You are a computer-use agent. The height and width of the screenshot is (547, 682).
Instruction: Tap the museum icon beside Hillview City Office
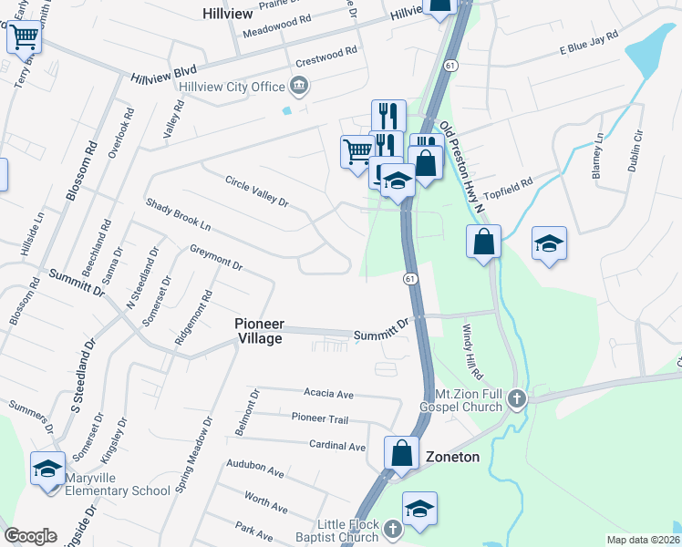pyautogui.click(x=298, y=87)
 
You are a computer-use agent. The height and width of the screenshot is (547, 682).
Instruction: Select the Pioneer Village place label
pyautogui.click(x=259, y=331)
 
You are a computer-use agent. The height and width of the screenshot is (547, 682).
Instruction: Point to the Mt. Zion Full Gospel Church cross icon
pyautogui.click(x=517, y=398)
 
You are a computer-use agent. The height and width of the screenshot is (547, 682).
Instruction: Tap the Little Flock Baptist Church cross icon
pyautogui.click(x=392, y=530)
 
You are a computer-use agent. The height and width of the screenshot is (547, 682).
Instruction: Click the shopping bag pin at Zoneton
pyautogui.click(x=401, y=452)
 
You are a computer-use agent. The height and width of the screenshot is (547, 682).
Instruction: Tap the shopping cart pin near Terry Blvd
pyautogui.click(x=25, y=36)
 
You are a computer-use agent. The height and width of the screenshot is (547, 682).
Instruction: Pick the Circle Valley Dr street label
pyautogui.click(x=256, y=191)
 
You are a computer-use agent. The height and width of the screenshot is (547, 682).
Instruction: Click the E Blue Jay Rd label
pyautogui.click(x=589, y=46)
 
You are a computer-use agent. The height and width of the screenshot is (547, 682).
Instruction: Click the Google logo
pyautogui.click(x=31, y=535)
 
